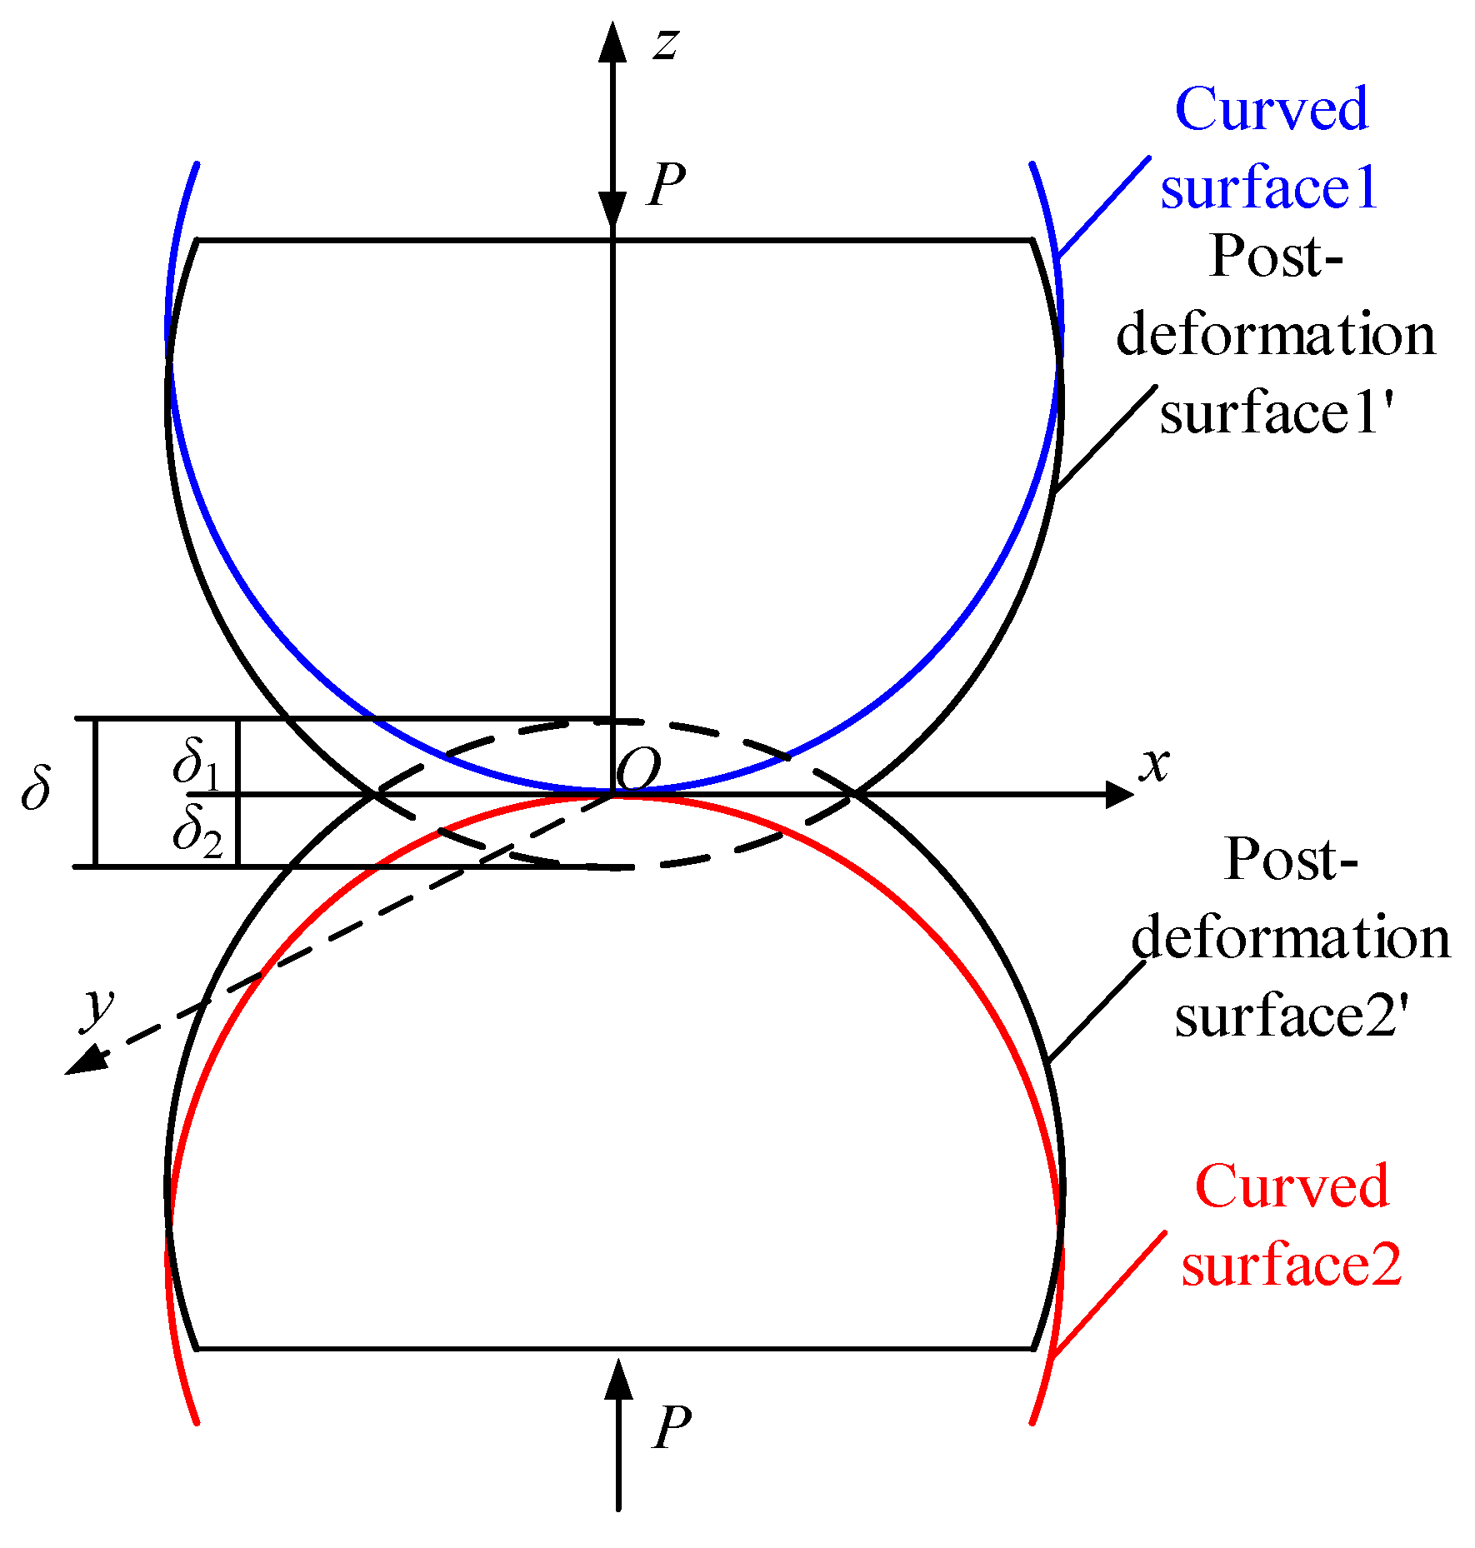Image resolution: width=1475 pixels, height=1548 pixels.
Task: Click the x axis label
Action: click(x=1154, y=764)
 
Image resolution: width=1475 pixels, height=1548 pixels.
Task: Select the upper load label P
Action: click(x=667, y=185)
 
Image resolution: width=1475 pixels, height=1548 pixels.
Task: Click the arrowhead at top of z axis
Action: click(x=612, y=42)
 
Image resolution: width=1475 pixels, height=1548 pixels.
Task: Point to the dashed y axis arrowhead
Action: click(x=87, y=1060)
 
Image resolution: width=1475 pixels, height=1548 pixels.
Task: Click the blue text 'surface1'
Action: click(x=1268, y=187)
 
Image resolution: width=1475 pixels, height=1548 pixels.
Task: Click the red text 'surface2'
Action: click(x=1291, y=1265)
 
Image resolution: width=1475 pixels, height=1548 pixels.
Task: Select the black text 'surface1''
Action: click(x=1277, y=413)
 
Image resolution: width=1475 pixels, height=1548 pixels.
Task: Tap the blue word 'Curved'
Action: click(x=1272, y=109)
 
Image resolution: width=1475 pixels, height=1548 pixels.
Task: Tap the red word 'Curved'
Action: click(x=1292, y=1186)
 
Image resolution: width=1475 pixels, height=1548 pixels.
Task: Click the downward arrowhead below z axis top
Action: click(x=612, y=209)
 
